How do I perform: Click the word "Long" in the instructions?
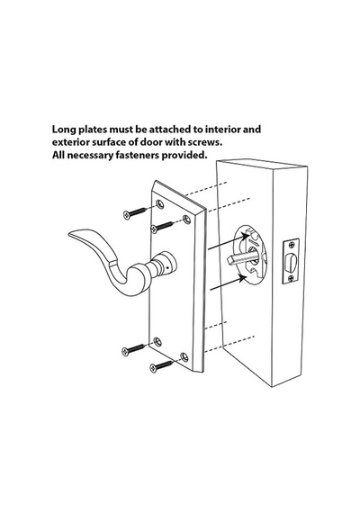(x=64, y=130)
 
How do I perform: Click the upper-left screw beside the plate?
(x=134, y=212)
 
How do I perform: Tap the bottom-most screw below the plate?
(x=161, y=366)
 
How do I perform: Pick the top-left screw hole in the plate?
(x=160, y=204)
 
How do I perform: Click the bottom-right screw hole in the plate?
(x=184, y=356)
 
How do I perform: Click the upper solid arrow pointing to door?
(x=228, y=242)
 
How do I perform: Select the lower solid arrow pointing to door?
(x=228, y=283)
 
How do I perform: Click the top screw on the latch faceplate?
(x=291, y=245)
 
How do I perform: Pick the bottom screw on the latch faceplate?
(x=291, y=278)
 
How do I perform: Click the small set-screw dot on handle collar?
(x=167, y=267)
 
